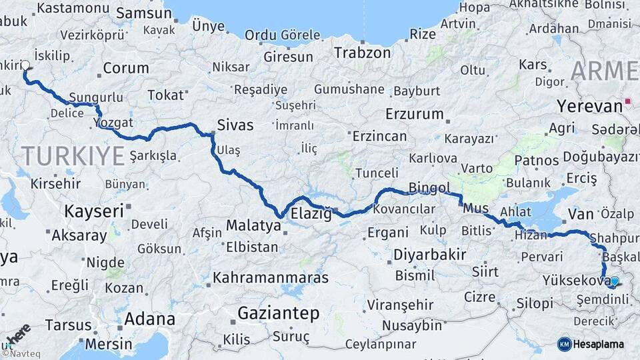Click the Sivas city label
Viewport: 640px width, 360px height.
pos(235,125)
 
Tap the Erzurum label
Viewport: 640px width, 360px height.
pos(414,113)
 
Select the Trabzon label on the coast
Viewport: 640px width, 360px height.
pos(362,53)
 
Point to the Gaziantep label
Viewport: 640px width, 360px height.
pos(279,313)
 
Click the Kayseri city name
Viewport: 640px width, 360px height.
pos(94,211)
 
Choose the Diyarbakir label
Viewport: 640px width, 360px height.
pos(429,254)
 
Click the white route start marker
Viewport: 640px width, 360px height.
pos(25,65)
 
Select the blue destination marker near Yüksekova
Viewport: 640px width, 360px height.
pos(613,282)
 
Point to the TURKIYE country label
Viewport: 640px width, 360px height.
pos(73,157)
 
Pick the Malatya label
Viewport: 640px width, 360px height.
pos(253,226)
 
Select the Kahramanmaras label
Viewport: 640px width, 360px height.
pos(271,277)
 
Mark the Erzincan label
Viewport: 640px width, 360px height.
pos(379,136)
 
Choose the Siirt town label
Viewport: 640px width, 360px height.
pos(485,271)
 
